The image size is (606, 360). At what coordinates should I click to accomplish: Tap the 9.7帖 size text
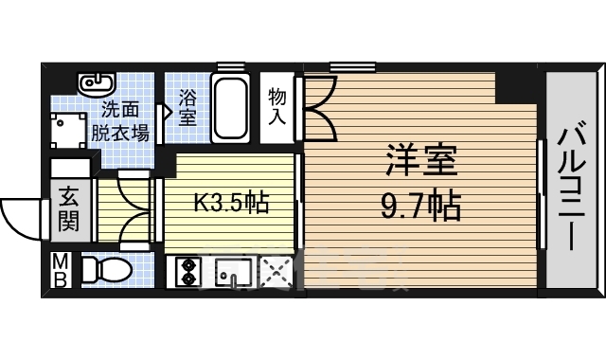420,205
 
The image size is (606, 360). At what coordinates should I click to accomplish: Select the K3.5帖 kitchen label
230,202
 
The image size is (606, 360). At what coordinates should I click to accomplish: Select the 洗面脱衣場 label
120,121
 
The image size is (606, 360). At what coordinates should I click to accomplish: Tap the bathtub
231,107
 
